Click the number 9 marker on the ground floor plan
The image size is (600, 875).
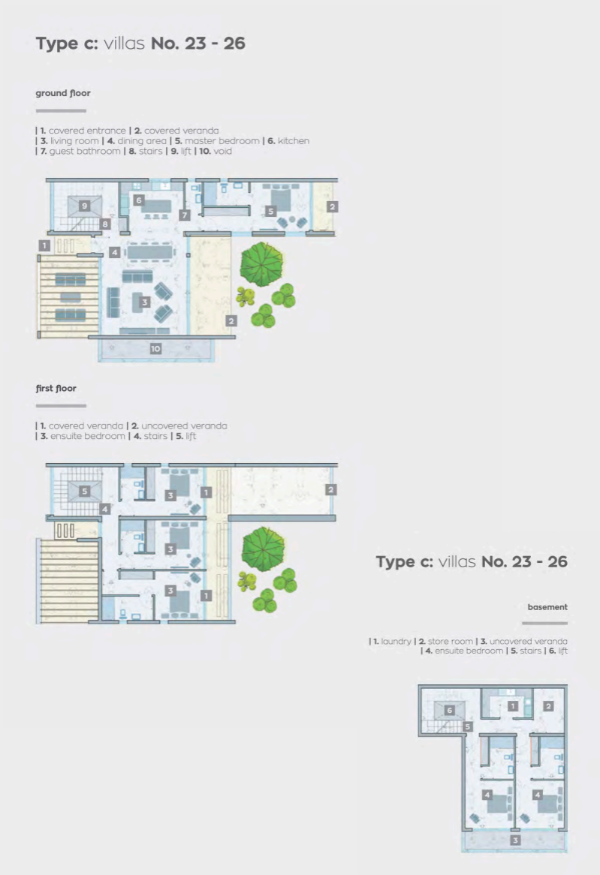[x=84, y=206]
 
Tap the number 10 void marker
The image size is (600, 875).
[x=155, y=349]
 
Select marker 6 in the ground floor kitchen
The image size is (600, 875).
[x=138, y=200]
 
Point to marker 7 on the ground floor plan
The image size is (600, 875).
[x=185, y=215]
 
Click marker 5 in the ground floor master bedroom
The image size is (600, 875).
[x=271, y=211]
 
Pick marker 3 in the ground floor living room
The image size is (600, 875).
[x=145, y=302]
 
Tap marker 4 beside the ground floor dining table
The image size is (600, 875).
[x=115, y=252]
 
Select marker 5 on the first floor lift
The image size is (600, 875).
[x=84, y=491]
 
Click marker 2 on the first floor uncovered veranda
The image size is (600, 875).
[x=330, y=489]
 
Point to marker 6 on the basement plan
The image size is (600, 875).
[x=450, y=711]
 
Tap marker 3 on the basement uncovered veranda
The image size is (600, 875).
[x=515, y=840]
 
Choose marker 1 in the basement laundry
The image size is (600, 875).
[x=513, y=706]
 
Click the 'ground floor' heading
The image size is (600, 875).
[x=63, y=93]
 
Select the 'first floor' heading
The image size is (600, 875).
[x=56, y=389]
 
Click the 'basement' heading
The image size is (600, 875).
[x=547, y=606]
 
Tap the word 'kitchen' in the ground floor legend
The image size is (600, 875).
[x=294, y=140]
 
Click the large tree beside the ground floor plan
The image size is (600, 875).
[x=262, y=264]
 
